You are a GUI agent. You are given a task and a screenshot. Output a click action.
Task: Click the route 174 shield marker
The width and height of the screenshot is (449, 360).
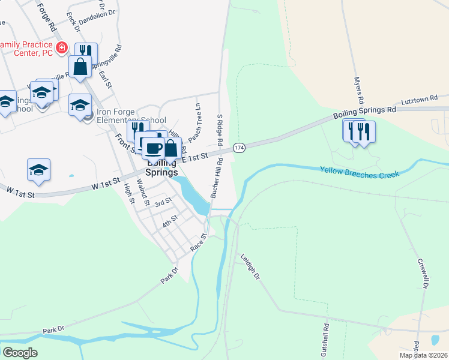point(239,147)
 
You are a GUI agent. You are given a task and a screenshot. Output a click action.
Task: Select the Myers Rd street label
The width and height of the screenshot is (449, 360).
point(359,91)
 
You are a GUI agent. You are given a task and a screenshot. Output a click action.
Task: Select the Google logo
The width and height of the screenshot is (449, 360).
point(20,353)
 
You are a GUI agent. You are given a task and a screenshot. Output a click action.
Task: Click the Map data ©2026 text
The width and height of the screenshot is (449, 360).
point(423,355)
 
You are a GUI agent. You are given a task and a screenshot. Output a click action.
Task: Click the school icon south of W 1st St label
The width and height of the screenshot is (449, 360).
point(38,169)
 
